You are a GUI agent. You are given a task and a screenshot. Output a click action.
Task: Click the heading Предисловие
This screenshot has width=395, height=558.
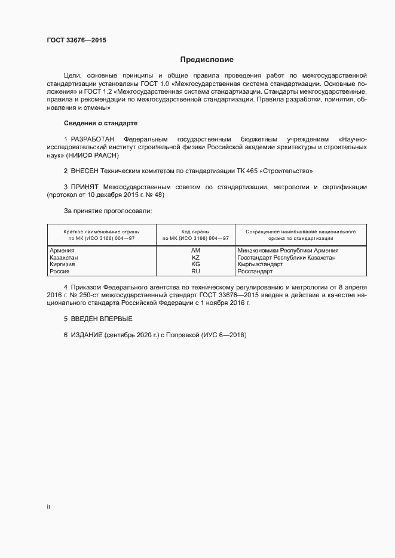(x=207, y=60)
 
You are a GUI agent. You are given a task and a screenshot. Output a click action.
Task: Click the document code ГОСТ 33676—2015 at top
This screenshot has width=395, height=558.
(x=76, y=41)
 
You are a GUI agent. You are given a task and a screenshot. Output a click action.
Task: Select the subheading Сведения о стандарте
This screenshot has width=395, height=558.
(x=100, y=123)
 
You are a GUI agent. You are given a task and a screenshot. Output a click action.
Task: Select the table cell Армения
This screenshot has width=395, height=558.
(x=62, y=251)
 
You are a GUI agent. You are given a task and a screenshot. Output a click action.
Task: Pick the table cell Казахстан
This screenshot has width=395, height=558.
(x=64, y=257)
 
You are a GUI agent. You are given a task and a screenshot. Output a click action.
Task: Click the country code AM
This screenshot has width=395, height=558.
(x=195, y=251)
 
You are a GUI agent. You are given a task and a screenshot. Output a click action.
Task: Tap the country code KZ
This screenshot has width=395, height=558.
(x=195, y=257)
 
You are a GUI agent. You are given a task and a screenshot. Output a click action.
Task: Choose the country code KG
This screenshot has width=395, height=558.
(x=195, y=264)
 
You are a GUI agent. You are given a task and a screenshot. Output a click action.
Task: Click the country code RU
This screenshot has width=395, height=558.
(x=195, y=271)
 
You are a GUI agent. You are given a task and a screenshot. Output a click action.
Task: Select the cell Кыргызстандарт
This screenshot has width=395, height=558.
(x=260, y=264)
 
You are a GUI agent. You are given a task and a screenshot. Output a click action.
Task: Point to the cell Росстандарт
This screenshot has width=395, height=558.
(x=255, y=271)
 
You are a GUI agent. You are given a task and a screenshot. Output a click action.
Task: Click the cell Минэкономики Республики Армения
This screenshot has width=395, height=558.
(x=287, y=251)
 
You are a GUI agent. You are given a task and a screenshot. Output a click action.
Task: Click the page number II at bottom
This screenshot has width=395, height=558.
(x=48, y=507)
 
